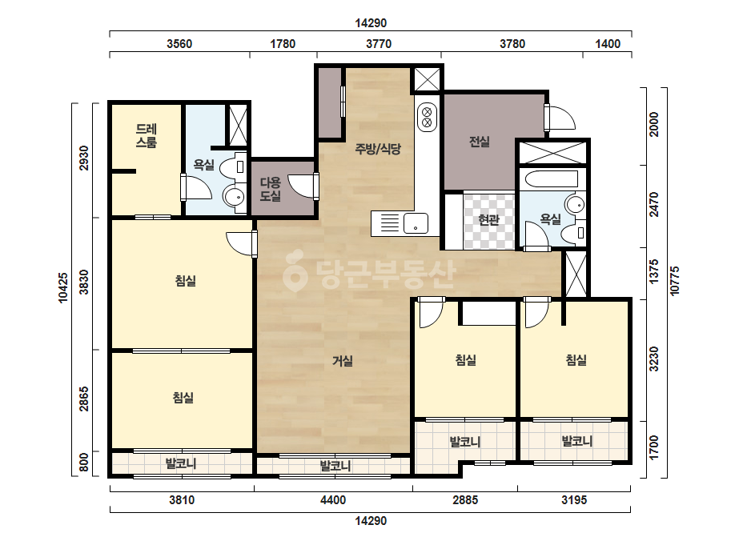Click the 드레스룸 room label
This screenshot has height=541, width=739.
pos(146,136)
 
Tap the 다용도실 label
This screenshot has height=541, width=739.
pos(270,189)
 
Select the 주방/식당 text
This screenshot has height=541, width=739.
pos(378,150)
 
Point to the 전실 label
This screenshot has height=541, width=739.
pos(480,142)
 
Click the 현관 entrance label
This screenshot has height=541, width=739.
pos(488,219)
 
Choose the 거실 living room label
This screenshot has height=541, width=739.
pos(343,361)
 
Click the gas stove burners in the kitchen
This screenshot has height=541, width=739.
pos(427,118)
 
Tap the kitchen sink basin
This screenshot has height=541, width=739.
pos(416,223)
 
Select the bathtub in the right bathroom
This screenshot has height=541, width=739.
pos(552,179)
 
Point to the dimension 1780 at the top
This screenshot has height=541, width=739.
pos(283,44)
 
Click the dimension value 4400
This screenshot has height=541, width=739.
pos(333,500)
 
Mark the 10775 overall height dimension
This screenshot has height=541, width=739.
pos(675,281)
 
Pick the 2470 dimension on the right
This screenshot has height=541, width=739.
pos(654,205)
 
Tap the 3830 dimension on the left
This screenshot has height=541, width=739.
pos(84,282)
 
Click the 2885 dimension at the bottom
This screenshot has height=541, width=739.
pos(465,500)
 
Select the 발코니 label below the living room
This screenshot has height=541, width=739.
pos(335,466)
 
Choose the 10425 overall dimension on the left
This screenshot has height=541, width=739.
pos(63,287)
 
